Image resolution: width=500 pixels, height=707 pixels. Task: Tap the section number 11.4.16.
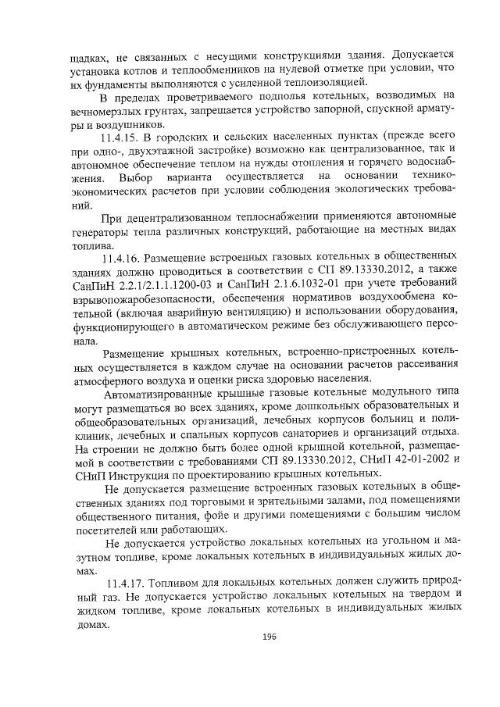pyautogui.click(x=124, y=255)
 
